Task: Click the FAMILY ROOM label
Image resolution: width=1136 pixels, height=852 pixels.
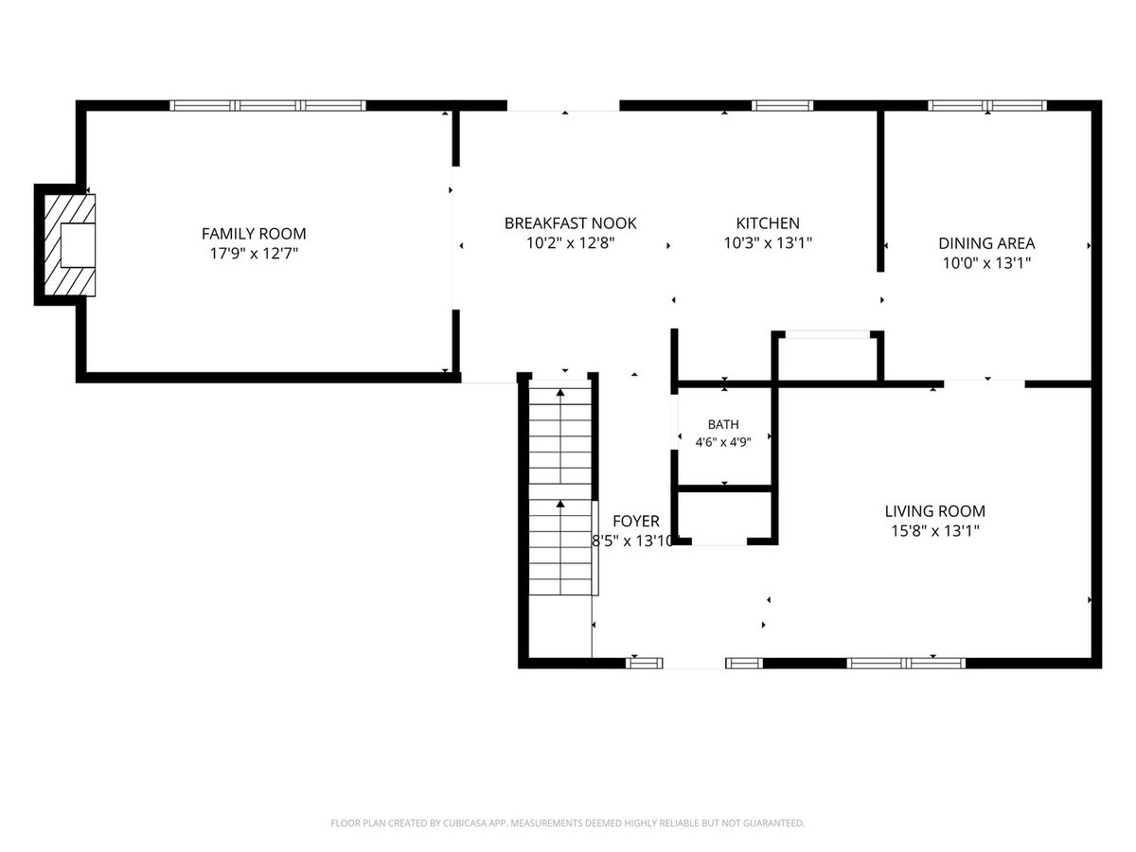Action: [x=254, y=234]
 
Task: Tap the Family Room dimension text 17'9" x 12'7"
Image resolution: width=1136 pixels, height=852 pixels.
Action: [x=254, y=254]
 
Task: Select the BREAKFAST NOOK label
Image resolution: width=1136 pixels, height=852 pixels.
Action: [x=570, y=223]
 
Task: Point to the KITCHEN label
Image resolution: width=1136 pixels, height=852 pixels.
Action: [x=768, y=223]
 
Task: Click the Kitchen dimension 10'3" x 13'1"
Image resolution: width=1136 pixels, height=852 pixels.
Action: [x=768, y=242]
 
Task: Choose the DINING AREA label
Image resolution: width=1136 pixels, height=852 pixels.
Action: [x=986, y=243]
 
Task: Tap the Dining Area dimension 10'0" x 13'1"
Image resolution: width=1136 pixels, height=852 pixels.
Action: [x=986, y=263]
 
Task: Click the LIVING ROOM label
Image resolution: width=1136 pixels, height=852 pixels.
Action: [x=934, y=511]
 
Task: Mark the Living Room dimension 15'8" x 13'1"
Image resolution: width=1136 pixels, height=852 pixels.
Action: [x=934, y=531]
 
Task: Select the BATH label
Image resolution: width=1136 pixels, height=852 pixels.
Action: [x=723, y=425]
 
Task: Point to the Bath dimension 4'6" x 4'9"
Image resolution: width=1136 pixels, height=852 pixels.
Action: [x=723, y=442]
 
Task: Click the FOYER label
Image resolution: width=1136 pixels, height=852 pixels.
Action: [x=636, y=521]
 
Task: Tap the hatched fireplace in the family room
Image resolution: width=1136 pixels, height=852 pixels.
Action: [x=70, y=245]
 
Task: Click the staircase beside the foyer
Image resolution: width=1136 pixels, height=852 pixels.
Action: [x=560, y=488]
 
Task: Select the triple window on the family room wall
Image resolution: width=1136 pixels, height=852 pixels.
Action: [x=268, y=106]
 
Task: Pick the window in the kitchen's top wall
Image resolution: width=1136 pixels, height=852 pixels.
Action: [x=782, y=106]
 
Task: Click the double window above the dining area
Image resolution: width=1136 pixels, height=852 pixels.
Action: [x=987, y=106]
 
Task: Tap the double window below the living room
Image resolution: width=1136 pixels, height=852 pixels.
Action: [x=906, y=664]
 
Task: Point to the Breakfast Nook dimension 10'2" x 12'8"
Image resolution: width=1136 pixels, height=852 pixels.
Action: [x=570, y=242]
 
